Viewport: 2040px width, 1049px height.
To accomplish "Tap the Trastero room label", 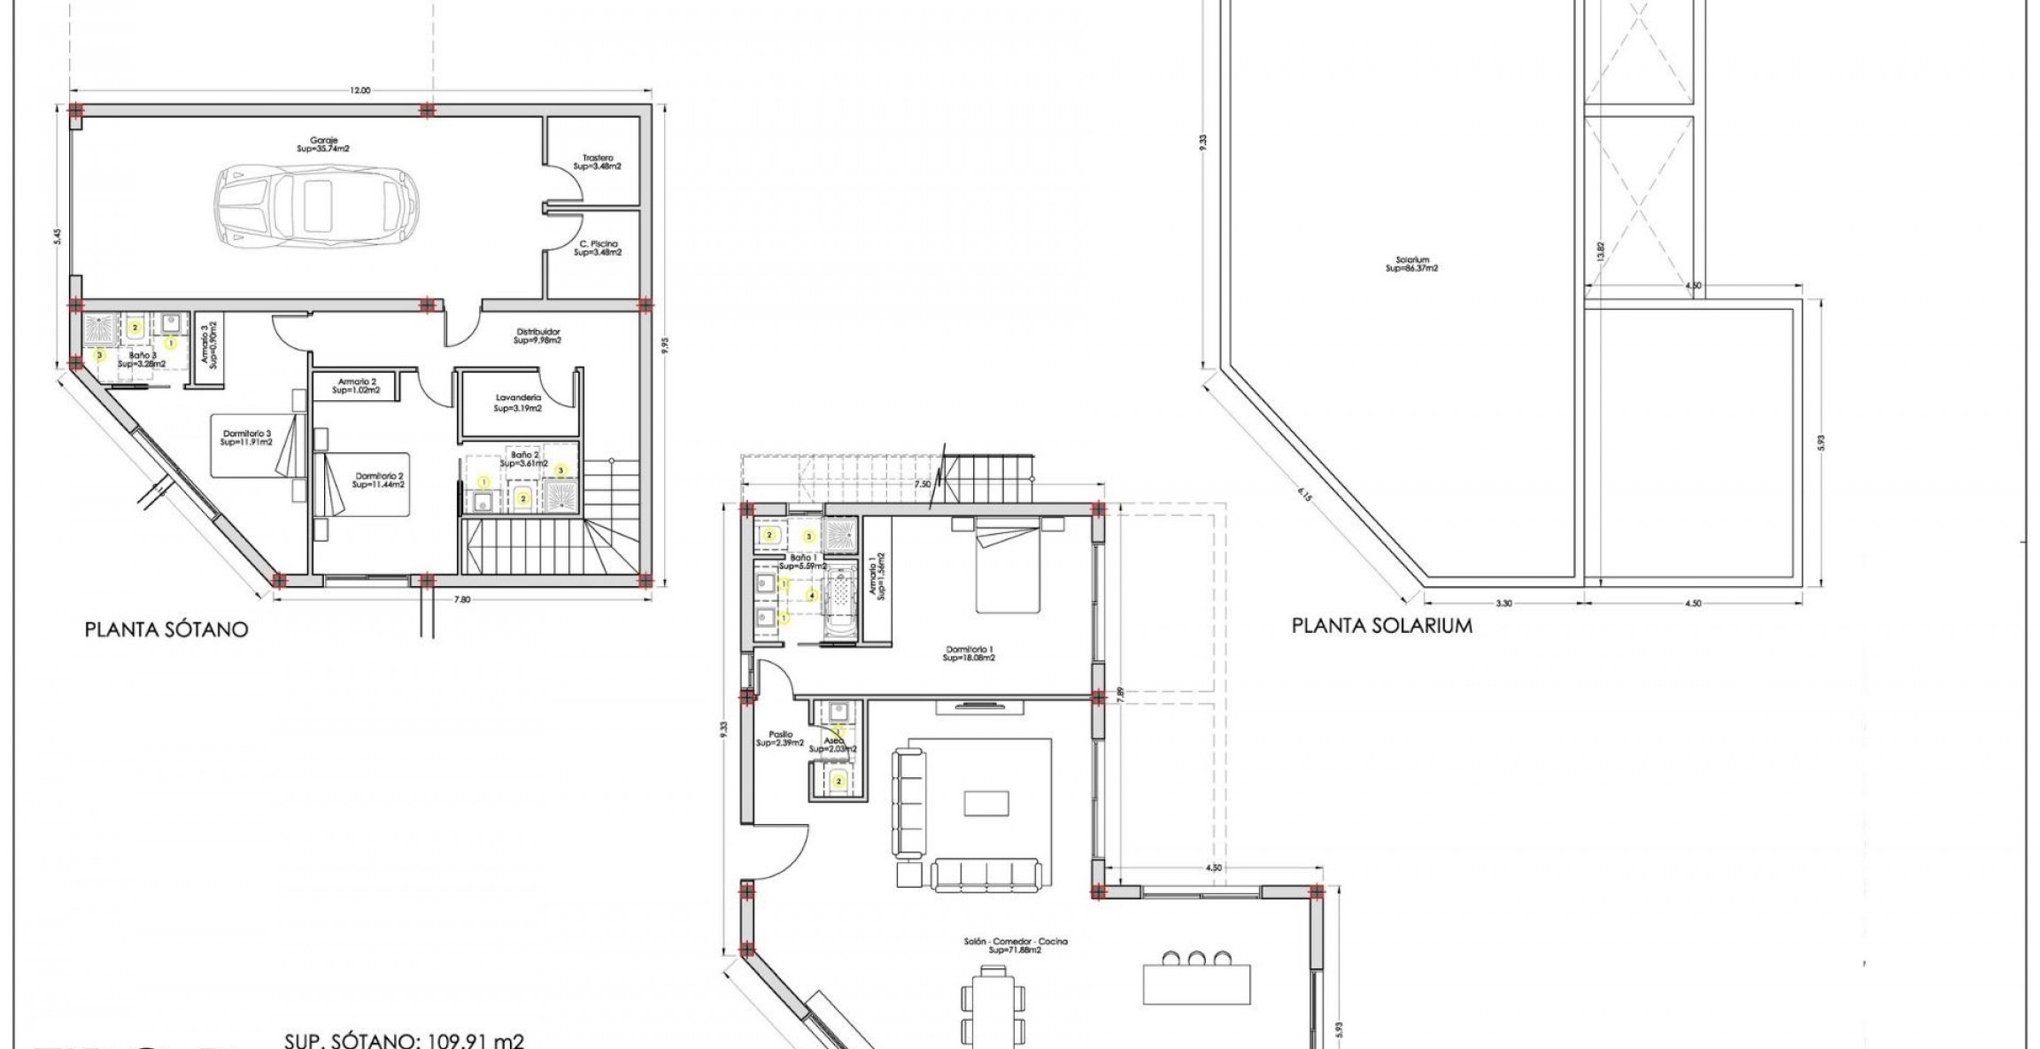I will [597, 162].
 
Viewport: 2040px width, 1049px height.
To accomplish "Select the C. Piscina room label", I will [599, 248].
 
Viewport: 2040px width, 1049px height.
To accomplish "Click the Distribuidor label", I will [537, 336].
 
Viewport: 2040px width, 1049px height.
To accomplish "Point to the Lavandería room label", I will [518, 404].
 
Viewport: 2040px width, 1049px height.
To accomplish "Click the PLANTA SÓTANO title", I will [166, 629].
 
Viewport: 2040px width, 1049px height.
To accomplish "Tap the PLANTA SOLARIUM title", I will [1381, 626].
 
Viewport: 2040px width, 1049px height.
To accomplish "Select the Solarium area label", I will [1411, 264].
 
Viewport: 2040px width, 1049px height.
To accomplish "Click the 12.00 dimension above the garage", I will [360, 90].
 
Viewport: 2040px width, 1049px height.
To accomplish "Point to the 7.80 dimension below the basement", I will [461, 600].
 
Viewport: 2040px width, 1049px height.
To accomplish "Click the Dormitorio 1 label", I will [969, 653].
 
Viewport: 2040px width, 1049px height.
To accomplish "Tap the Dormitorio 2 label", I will [378, 480].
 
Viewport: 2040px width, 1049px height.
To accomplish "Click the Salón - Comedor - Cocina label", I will [1016, 945].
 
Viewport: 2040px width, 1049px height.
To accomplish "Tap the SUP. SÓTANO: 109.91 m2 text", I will [404, 1040].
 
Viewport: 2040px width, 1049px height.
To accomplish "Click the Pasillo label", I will [780, 738].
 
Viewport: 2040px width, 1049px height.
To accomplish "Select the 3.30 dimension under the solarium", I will [1503, 604].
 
